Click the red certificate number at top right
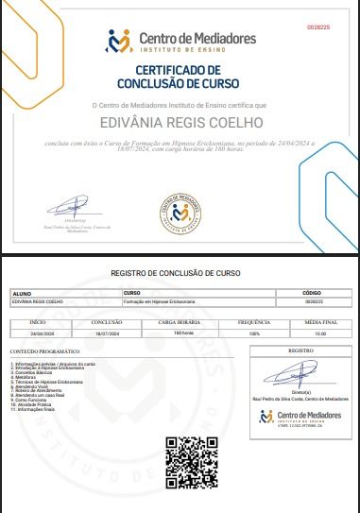318,28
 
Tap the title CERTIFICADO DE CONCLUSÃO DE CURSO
180,76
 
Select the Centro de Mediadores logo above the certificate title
180,41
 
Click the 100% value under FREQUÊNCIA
253,333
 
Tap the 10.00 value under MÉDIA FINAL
320,333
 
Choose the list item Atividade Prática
37,404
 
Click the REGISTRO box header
300,350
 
